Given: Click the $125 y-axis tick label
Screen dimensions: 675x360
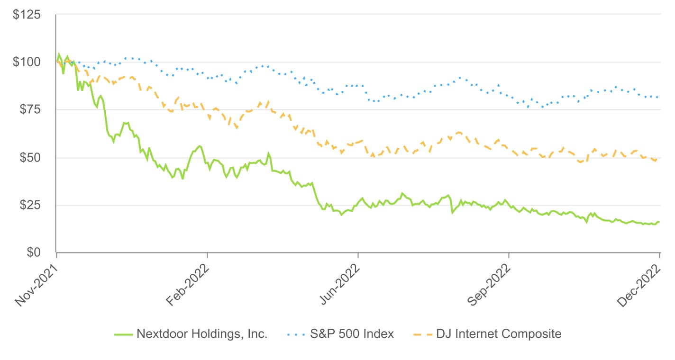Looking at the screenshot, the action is click(x=27, y=15).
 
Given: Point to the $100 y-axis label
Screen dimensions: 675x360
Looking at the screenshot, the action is click(x=27, y=62).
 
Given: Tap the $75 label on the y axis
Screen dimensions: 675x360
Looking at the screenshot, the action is click(x=30, y=109).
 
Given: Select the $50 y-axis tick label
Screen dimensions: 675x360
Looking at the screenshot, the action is click(x=30, y=157).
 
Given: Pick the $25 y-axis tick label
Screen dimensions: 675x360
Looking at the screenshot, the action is click(x=30, y=205).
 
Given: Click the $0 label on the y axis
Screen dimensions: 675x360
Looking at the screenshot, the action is click(x=34, y=252).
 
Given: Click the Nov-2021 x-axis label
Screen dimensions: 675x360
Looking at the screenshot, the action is click(x=36, y=285).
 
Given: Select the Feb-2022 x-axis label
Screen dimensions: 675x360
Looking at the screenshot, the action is click(x=187, y=285).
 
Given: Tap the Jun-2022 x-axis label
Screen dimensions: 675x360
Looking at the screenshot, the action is click(x=339, y=284).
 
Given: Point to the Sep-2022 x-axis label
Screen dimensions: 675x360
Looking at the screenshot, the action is click(x=489, y=285).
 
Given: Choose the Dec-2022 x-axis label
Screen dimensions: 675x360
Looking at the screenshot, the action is click(x=639, y=285).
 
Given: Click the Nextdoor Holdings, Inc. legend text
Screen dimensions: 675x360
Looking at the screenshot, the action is click(x=202, y=334).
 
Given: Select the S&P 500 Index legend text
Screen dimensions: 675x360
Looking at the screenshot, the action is click(x=352, y=334).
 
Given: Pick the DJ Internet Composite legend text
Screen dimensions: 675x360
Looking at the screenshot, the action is click(x=499, y=334).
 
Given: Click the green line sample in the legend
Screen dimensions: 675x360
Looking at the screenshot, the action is click(x=123, y=334).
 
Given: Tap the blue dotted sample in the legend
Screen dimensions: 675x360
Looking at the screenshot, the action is click(x=296, y=334).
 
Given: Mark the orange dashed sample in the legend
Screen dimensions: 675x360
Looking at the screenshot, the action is click(x=423, y=334).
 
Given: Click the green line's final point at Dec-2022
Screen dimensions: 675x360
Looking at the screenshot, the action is click(x=659, y=222).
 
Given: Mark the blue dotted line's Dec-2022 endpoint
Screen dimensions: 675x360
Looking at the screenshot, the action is click(x=657, y=97).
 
